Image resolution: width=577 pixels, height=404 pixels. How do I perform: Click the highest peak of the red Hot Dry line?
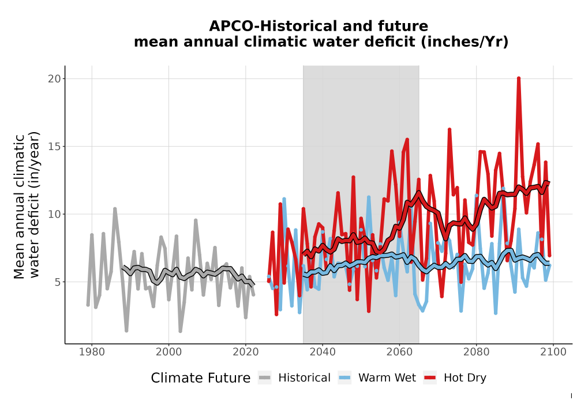point(519,78)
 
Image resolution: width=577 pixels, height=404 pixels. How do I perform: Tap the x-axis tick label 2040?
point(323,352)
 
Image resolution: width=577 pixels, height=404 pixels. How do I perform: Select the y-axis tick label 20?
point(54,78)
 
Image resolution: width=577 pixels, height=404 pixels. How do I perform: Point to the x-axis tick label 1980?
point(92,352)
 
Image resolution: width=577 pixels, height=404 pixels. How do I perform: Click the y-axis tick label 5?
point(57,282)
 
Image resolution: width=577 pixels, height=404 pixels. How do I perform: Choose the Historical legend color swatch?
point(264,378)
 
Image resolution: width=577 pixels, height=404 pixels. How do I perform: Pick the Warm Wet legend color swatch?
point(344,378)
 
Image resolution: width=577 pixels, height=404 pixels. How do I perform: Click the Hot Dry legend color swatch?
point(430,378)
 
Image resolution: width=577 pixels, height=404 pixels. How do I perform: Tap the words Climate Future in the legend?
point(201,378)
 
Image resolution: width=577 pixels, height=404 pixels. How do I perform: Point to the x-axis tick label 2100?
point(553,352)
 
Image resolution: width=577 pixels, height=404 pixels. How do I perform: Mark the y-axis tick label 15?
point(54,147)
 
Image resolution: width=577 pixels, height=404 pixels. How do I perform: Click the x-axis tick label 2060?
point(399,352)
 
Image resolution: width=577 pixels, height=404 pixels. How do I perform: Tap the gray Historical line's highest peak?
point(115,209)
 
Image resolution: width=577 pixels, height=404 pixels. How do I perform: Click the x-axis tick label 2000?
point(168,352)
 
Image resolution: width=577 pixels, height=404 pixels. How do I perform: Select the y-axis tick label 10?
point(54,214)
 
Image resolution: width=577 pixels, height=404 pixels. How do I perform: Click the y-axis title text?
point(27,205)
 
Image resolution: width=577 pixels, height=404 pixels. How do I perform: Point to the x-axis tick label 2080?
point(476,352)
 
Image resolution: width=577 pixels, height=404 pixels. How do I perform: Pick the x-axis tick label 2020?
point(245,352)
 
